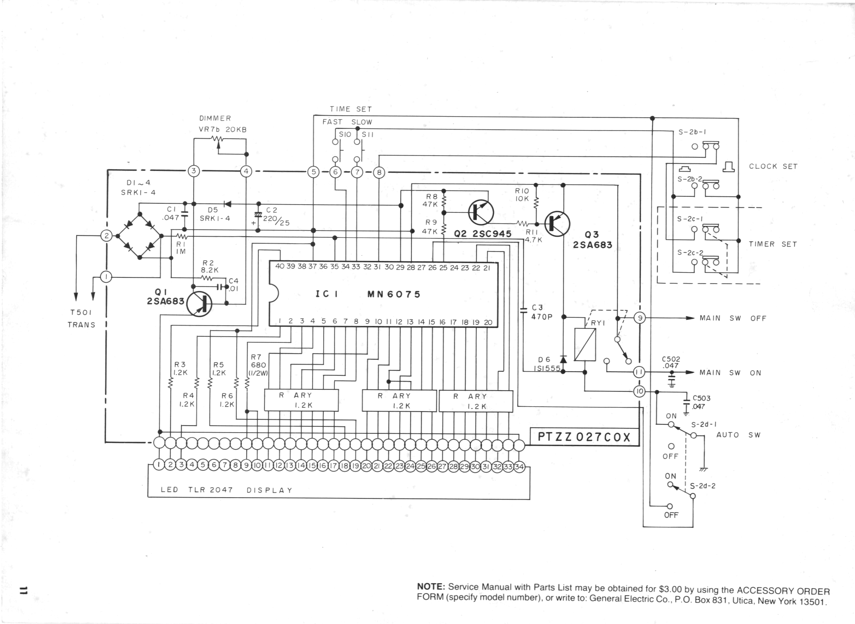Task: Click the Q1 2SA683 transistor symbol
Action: coord(199,304)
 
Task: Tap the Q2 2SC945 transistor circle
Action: coord(481,212)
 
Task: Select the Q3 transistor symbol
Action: coord(557,224)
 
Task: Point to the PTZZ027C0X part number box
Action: coord(584,437)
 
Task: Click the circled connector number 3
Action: coord(194,171)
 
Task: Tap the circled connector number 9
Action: coord(639,318)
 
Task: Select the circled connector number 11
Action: coord(639,372)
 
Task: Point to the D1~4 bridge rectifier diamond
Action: coord(140,236)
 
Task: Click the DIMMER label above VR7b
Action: coord(215,118)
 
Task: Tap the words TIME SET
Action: coord(350,109)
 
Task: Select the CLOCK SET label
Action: coord(773,166)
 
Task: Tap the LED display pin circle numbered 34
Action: coord(519,466)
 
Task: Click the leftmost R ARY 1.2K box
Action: coord(301,400)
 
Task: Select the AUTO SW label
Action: coord(738,435)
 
